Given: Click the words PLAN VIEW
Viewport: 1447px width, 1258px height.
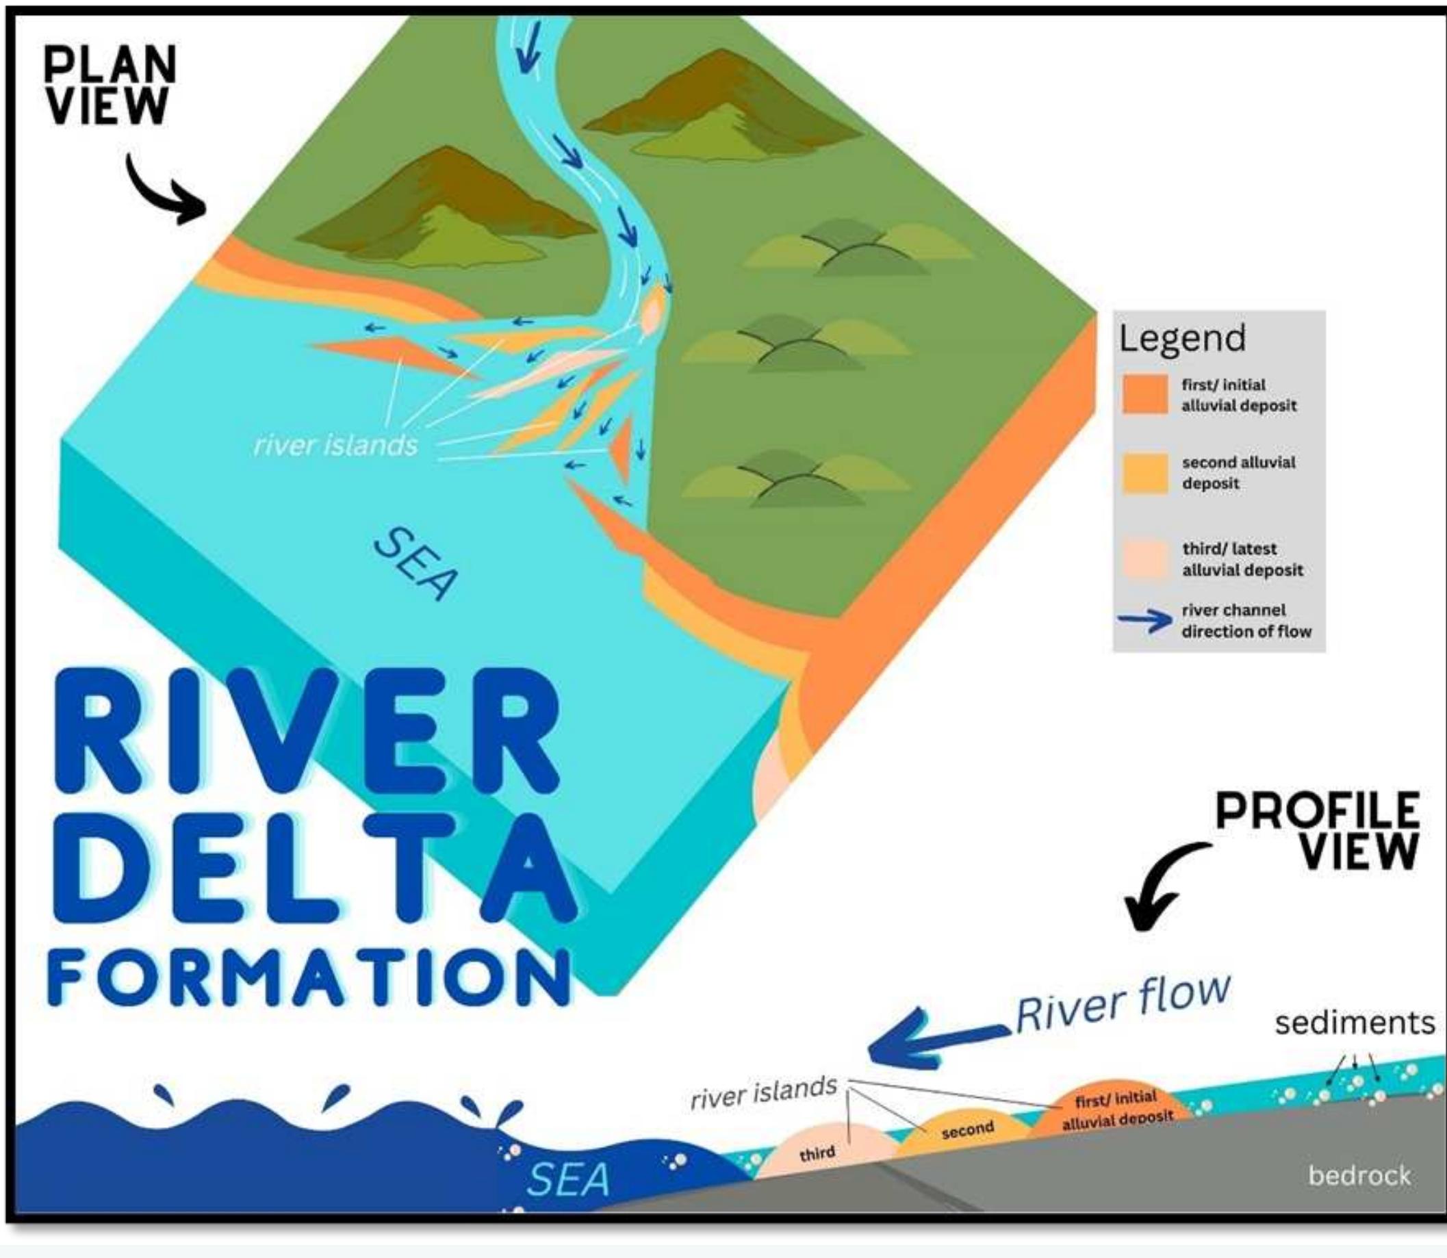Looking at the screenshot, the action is coord(109,86).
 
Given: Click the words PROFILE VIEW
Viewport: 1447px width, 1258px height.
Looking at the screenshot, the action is coord(1318,830).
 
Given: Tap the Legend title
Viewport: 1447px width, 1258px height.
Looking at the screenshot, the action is coord(1182,337).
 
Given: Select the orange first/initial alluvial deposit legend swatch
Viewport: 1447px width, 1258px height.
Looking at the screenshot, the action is coord(1144,394).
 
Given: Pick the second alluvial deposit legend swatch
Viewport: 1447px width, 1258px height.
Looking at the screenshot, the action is coord(1144,473).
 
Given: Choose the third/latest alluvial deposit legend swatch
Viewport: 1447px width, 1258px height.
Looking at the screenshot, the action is coord(1144,559).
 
